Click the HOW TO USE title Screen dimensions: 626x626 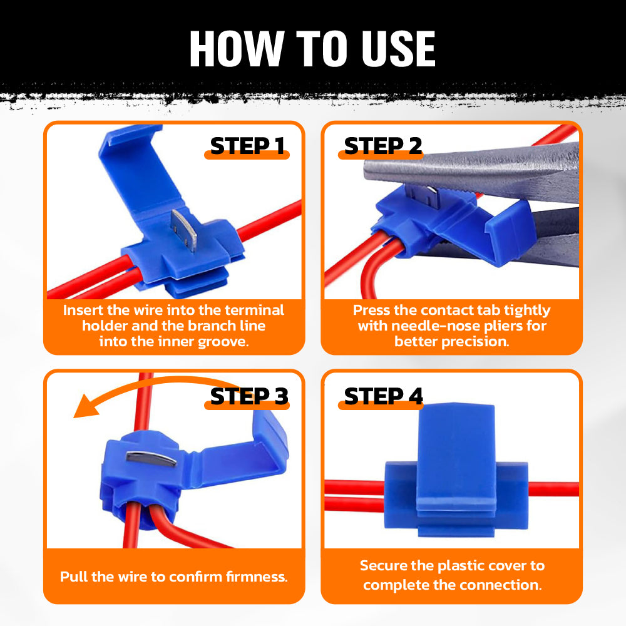point(312,48)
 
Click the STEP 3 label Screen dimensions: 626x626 point(249,396)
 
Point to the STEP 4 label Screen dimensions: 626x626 point(383,396)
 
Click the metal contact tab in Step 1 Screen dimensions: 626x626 point(185,229)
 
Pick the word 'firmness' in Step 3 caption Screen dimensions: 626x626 point(255,577)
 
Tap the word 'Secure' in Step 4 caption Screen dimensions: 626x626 point(384,565)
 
